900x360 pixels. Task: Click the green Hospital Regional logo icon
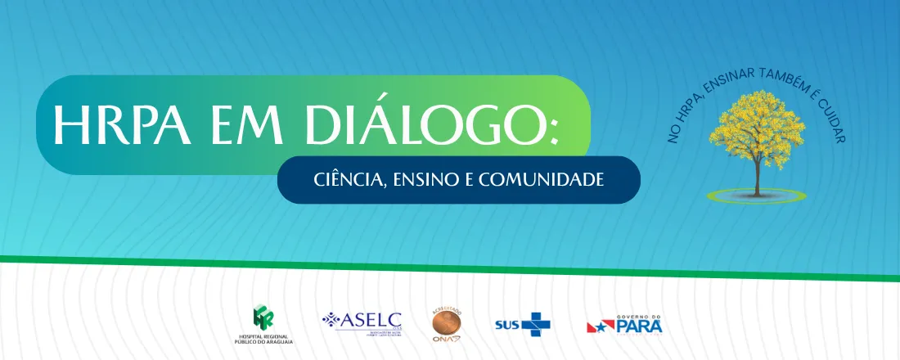coord(263,316)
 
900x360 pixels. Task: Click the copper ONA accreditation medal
coord(447,325)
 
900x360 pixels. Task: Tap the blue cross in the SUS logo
coord(537,323)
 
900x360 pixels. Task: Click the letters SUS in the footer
coord(507,324)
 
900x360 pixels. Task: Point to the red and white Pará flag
coord(599,326)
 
